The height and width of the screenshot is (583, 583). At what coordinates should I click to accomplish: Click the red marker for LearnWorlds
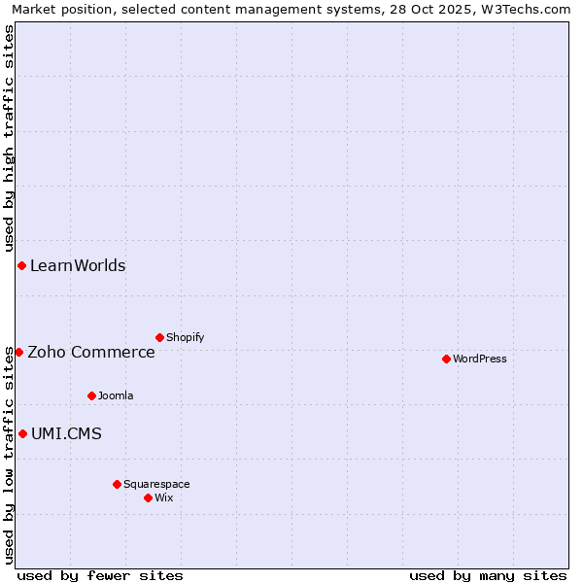[21, 265]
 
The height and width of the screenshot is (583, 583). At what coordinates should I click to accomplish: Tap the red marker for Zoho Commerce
[18, 352]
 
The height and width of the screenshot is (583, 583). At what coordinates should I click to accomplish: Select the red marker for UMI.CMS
[22, 433]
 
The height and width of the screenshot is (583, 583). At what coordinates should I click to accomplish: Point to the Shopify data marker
[159, 337]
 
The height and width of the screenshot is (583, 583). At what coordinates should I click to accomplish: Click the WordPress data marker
[446, 359]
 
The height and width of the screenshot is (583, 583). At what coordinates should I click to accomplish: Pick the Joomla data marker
[91, 395]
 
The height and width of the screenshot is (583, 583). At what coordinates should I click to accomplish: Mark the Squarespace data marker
[117, 484]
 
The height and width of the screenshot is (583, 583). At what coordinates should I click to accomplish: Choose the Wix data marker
[148, 497]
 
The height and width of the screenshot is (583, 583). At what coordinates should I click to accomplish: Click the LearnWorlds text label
[78, 265]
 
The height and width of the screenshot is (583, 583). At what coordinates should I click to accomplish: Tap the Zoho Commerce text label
[91, 352]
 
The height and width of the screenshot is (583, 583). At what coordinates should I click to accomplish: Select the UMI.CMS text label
[66, 433]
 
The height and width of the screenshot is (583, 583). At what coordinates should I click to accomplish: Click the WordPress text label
[480, 359]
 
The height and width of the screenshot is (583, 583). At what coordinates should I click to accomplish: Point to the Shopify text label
[185, 337]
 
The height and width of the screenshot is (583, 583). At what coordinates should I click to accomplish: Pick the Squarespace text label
[156, 484]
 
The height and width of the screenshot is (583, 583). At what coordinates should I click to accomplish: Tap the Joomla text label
[116, 395]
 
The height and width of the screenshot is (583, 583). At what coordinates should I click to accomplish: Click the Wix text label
[164, 497]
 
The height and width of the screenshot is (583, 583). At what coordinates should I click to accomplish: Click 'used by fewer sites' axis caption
[100, 575]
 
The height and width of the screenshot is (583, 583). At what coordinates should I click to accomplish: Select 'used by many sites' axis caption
[488, 575]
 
